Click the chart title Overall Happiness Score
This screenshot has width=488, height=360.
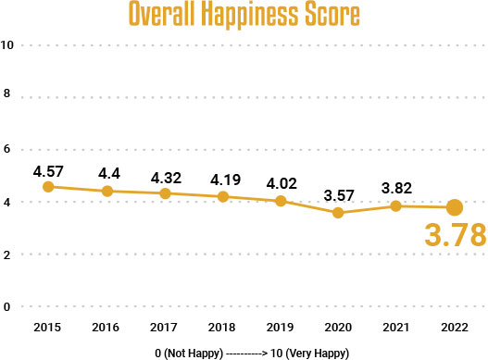244,16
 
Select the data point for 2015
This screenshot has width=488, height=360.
48,187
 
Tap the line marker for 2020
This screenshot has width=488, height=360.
338,213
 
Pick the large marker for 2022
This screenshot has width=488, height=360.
455,207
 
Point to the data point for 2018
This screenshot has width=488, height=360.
222,197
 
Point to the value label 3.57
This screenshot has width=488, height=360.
338,195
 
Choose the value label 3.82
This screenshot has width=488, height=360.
396,189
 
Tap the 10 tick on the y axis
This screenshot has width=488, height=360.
7,44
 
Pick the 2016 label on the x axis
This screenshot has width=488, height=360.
107,329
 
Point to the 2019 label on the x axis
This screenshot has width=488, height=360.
281,329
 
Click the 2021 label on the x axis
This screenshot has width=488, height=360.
396,329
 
